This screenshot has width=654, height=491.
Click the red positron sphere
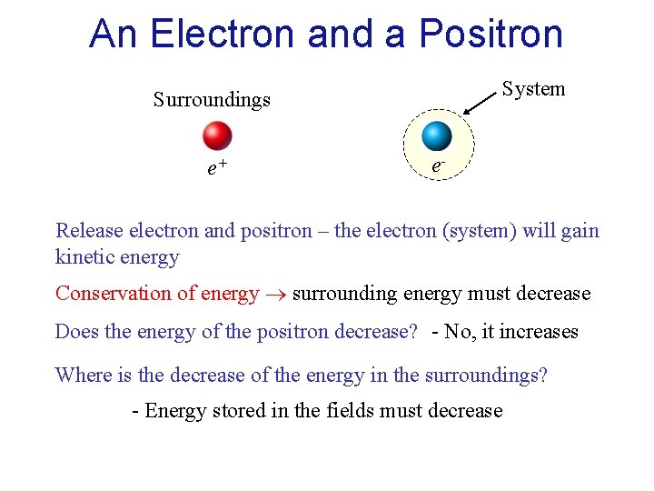point(217,135)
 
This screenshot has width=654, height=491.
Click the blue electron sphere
point(437,135)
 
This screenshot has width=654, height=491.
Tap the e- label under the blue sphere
point(438,167)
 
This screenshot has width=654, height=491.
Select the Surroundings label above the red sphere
point(212,99)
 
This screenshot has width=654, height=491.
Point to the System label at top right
point(533,89)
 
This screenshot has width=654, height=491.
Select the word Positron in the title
point(490,35)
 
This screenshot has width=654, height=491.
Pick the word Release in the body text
point(87,230)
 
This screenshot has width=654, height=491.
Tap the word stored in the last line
point(238,411)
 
